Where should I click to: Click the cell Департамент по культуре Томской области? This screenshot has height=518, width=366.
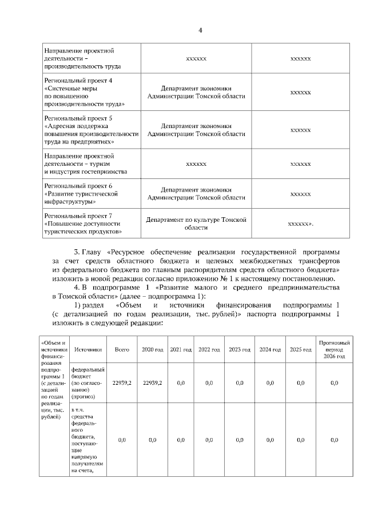[x=196, y=224]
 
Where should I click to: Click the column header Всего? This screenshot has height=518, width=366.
[x=122, y=349]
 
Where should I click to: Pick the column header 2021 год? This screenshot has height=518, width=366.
[x=181, y=349]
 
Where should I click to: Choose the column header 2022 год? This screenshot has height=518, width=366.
[x=209, y=349]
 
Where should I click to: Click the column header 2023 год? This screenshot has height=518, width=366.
[x=240, y=349]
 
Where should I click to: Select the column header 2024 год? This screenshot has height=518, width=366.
[x=270, y=349]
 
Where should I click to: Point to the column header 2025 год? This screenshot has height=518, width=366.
[x=300, y=349]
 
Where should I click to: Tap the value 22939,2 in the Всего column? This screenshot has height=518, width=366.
[x=122, y=382]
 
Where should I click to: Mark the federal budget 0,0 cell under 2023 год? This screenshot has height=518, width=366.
[x=240, y=382]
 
